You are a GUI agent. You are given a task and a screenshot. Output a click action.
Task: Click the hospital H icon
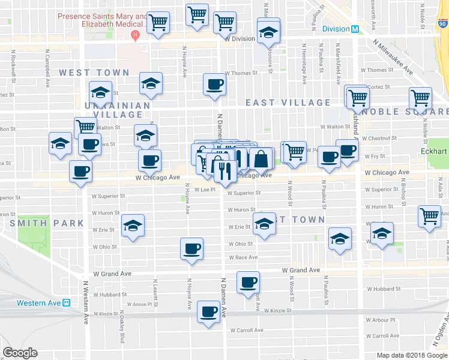pyautogui.click(x=136, y=34)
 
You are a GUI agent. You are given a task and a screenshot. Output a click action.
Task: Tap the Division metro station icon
pyautogui.click(x=355, y=29)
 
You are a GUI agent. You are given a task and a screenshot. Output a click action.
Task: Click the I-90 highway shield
pyautogui.click(x=442, y=23)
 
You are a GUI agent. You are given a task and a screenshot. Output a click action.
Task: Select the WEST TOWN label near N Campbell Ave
pyautogui.click(x=94, y=73)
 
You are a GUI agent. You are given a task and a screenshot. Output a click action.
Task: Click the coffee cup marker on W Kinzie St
pyautogui.click(x=209, y=311)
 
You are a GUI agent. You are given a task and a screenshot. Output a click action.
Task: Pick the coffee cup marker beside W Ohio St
pyautogui.click(x=191, y=248)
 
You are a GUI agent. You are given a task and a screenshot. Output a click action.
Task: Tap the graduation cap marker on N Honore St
pyautogui.click(x=268, y=30)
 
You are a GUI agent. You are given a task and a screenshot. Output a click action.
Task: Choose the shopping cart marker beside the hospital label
pyautogui.click(x=158, y=23)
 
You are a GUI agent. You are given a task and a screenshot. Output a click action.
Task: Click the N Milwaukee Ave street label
pyautogui.click(x=394, y=57)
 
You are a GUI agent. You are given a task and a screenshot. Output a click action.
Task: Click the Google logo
pyautogui.click(x=20, y=353)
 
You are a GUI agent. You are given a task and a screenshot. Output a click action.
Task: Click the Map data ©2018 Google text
pyautogui.click(x=412, y=355)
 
